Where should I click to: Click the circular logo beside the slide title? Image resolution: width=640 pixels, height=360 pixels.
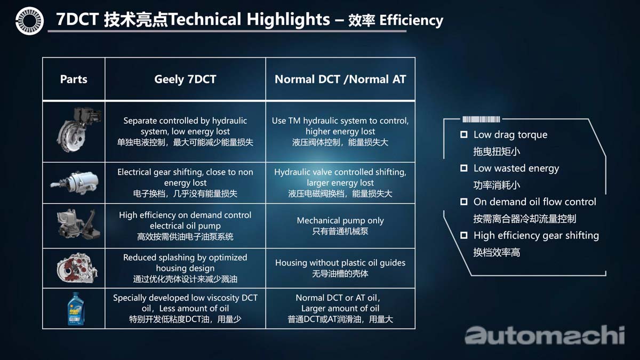click(29, 20)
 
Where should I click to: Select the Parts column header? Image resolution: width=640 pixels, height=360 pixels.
click(74, 79)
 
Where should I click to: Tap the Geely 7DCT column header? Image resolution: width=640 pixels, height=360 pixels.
click(185, 79)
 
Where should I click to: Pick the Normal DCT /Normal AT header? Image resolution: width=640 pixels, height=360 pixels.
click(340, 79)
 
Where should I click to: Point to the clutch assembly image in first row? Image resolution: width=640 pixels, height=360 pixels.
click(76, 131)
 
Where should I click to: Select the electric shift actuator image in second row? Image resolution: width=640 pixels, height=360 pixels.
click(75, 182)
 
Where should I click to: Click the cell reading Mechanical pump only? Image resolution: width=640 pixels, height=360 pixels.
click(340, 226)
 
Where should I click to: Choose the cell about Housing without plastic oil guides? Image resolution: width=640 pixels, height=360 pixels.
click(340, 268)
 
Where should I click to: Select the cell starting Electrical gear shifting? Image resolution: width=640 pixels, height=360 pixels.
click(185, 182)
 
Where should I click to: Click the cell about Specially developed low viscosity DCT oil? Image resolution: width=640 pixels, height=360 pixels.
click(185, 308)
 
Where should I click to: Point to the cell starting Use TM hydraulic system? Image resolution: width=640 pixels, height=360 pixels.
click(340, 131)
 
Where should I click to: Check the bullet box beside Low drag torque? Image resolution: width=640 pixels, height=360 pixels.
click(464, 135)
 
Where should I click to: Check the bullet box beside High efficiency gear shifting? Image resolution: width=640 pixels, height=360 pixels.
click(464, 235)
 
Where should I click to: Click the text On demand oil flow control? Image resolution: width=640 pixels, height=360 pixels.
click(534, 202)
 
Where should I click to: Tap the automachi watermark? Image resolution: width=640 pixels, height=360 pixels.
click(544, 335)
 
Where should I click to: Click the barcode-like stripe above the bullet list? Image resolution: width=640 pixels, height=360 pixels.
click(481, 119)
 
